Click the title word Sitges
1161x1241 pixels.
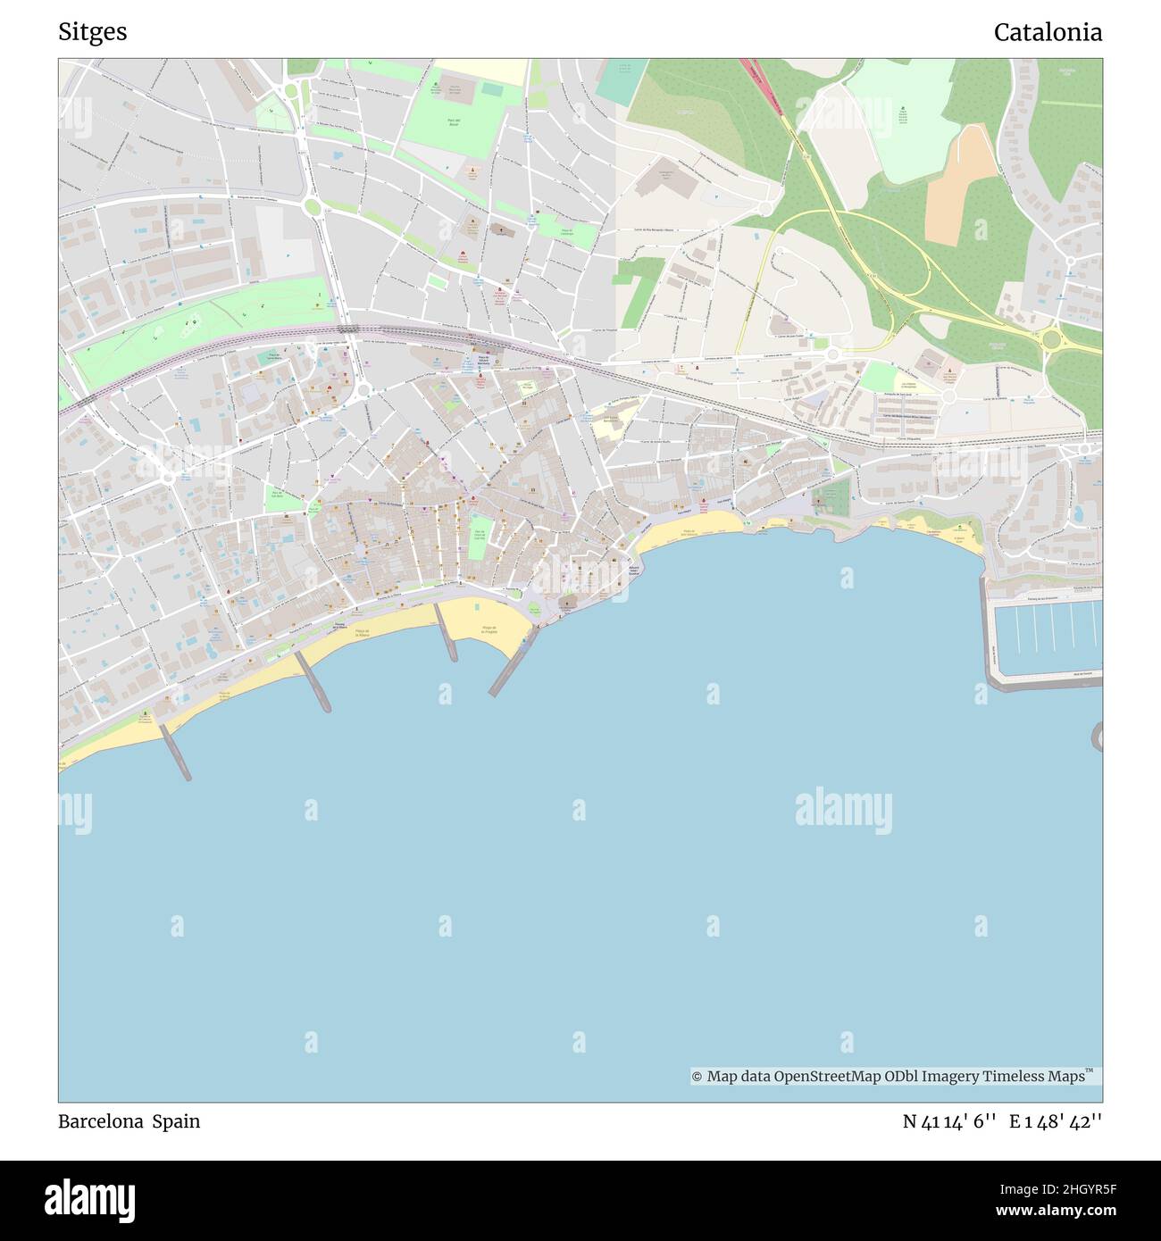(x=93, y=32)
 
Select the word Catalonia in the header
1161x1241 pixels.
(x=1048, y=32)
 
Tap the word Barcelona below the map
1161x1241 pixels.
(x=100, y=1121)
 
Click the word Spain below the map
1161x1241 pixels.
(x=176, y=1121)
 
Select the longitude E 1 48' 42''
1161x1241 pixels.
(x=1056, y=1121)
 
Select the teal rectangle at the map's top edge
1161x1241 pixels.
(x=622, y=80)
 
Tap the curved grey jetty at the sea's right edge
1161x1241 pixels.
(x=1096, y=736)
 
